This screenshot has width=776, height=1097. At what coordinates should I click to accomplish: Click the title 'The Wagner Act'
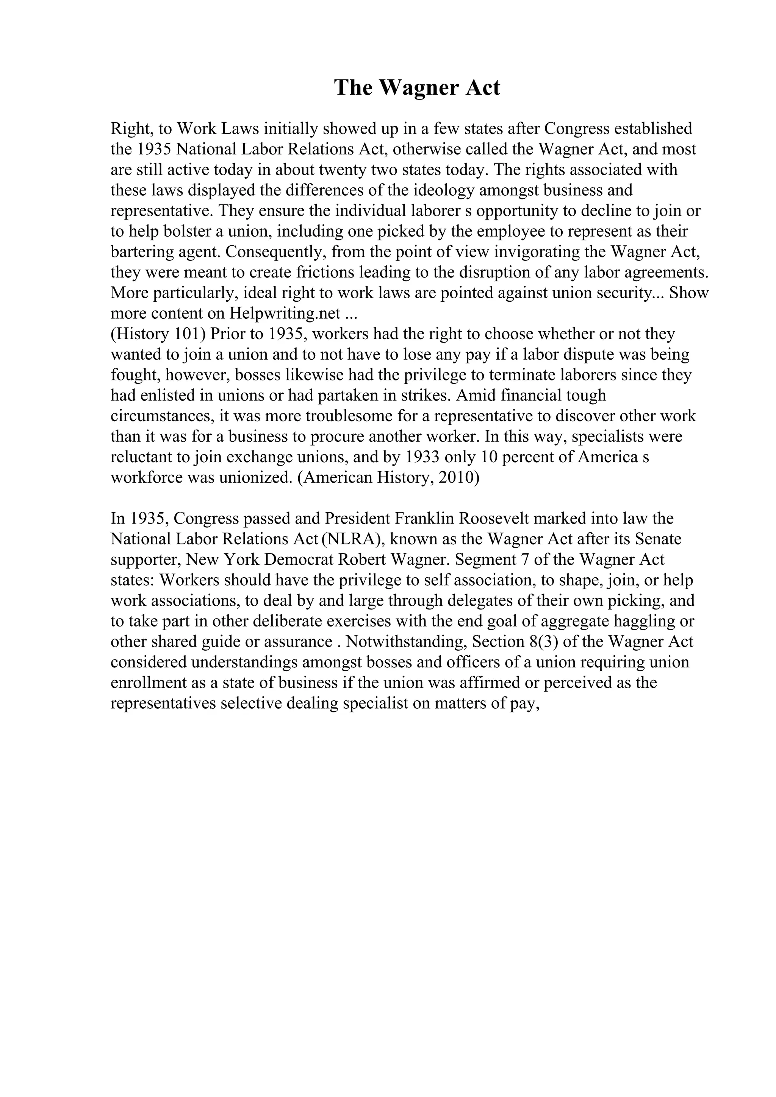coord(417,88)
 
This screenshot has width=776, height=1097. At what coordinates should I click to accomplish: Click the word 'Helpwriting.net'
coord(285,313)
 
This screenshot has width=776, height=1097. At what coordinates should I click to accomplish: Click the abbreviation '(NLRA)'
coord(354,539)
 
